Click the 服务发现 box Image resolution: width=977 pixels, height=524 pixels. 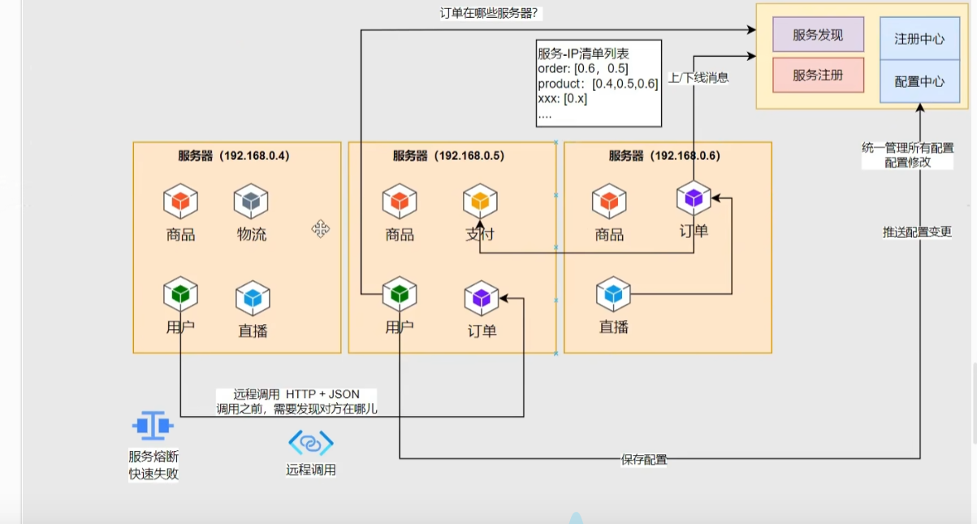(x=818, y=35)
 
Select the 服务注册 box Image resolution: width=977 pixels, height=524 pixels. (x=818, y=75)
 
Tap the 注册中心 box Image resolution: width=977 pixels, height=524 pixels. (x=919, y=38)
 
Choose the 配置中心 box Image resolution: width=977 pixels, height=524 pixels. (x=919, y=81)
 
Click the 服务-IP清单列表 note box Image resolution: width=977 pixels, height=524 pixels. (x=598, y=83)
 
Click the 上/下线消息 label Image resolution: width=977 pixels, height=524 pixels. (x=698, y=78)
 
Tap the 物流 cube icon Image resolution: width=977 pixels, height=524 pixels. (x=251, y=201)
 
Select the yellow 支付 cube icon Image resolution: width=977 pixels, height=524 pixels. (x=480, y=201)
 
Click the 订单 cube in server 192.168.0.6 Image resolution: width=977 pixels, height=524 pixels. (x=694, y=197)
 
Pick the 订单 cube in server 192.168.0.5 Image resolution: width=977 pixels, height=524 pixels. (x=482, y=298)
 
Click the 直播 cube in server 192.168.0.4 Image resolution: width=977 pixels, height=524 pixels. (x=253, y=298)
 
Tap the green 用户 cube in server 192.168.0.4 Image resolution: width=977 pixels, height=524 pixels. (x=180, y=294)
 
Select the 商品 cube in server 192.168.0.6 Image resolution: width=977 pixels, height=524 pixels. (x=608, y=201)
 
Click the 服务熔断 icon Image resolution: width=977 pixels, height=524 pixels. (x=153, y=425)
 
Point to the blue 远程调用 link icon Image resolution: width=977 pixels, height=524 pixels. (x=311, y=443)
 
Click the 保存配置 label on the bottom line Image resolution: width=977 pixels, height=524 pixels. (x=644, y=460)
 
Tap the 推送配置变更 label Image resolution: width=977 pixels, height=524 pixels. (x=917, y=232)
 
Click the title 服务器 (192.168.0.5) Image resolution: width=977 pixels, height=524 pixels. (x=448, y=155)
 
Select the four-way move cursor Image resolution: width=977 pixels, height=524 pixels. (x=321, y=229)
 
